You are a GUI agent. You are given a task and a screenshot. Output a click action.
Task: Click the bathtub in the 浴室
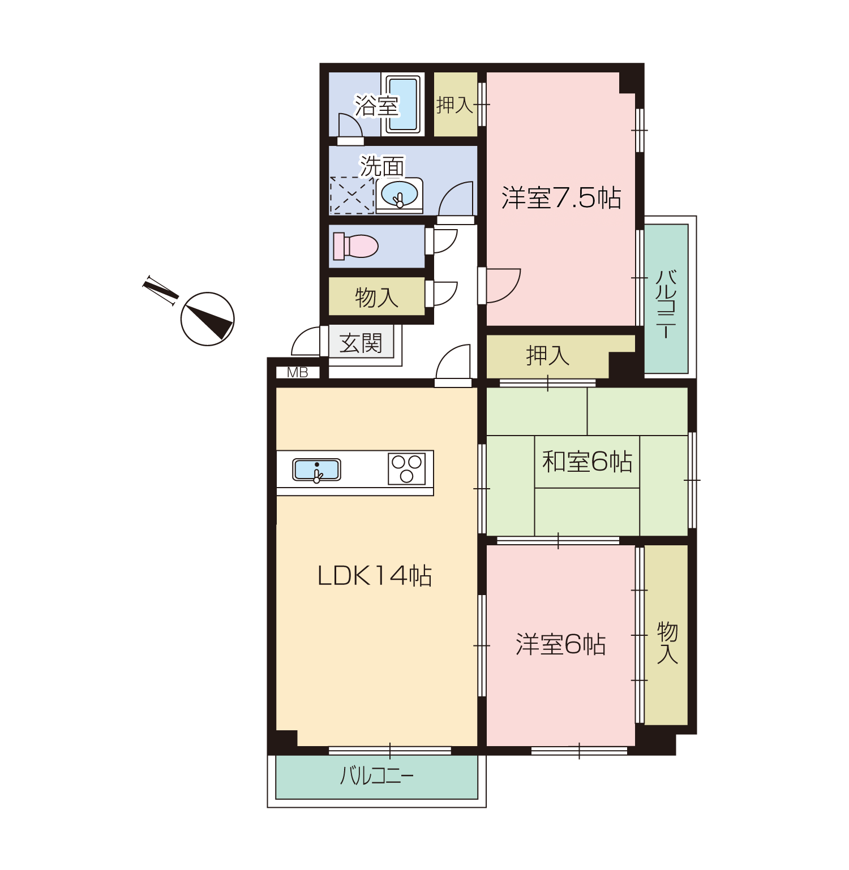402,104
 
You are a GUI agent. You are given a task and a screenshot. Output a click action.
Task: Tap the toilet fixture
355,246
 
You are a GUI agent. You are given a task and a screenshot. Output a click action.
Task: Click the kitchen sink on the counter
316,470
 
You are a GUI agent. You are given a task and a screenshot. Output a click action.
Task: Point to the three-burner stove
406,469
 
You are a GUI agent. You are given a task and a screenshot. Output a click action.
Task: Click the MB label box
298,373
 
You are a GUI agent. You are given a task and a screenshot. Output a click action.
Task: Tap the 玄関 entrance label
361,343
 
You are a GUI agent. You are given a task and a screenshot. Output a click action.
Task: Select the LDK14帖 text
375,575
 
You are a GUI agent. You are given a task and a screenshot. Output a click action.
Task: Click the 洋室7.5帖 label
561,197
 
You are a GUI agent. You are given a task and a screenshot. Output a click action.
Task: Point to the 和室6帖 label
587,462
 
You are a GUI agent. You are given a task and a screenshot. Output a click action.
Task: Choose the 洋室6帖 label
560,644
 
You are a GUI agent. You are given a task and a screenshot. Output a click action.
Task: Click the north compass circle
208,319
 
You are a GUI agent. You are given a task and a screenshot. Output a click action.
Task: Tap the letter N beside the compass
160,291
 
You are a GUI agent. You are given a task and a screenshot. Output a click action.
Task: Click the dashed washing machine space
351,196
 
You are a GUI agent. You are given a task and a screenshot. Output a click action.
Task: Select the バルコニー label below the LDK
376,776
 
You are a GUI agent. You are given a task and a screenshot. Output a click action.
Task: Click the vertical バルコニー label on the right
666,304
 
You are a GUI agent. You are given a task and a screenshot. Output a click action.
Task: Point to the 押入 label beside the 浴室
454,105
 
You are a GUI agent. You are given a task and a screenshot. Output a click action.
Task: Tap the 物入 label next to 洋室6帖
667,643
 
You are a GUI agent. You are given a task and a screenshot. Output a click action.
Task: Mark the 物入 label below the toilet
376,297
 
